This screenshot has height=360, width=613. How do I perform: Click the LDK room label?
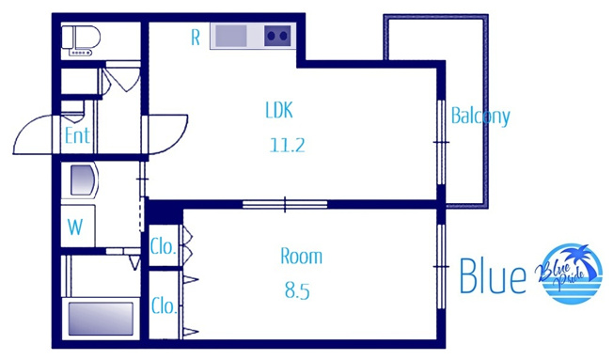[x=279, y=110]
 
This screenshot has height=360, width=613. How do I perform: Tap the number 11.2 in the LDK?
[x=288, y=146]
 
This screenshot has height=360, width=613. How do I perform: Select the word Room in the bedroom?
[x=302, y=257]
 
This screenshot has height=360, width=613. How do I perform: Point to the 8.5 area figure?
[x=297, y=291]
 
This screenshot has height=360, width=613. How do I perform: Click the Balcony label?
[x=480, y=117]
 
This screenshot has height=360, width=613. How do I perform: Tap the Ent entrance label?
[x=77, y=135]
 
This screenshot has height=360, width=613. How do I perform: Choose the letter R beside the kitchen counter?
[x=196, y=38]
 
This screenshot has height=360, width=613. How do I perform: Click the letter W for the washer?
[x=75, y=227]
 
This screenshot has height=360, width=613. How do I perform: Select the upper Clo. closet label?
[x=163, y=246]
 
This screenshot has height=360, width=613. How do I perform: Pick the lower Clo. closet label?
[x=164, y=305]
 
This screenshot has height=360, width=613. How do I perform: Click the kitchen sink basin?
[x=231, y=36]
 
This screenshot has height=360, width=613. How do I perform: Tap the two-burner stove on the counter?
[x=277, y=36]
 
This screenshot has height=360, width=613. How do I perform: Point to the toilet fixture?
[x=81, y=40]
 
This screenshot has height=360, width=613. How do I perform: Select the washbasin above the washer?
[x=83, y=180]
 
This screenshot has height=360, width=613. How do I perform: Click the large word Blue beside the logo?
[x=493, y=275]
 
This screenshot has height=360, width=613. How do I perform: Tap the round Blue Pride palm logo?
[x=570, y=274]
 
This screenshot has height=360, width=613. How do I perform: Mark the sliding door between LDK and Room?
[x=285, y=204]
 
